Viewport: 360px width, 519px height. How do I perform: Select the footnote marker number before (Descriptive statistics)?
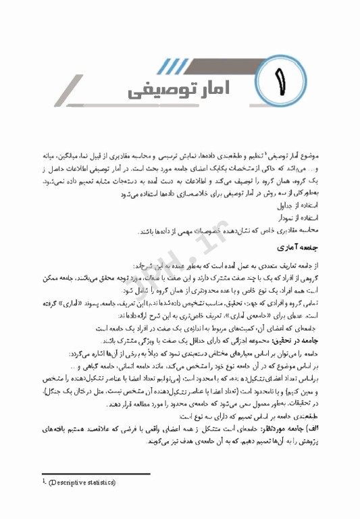click(43, 482)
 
